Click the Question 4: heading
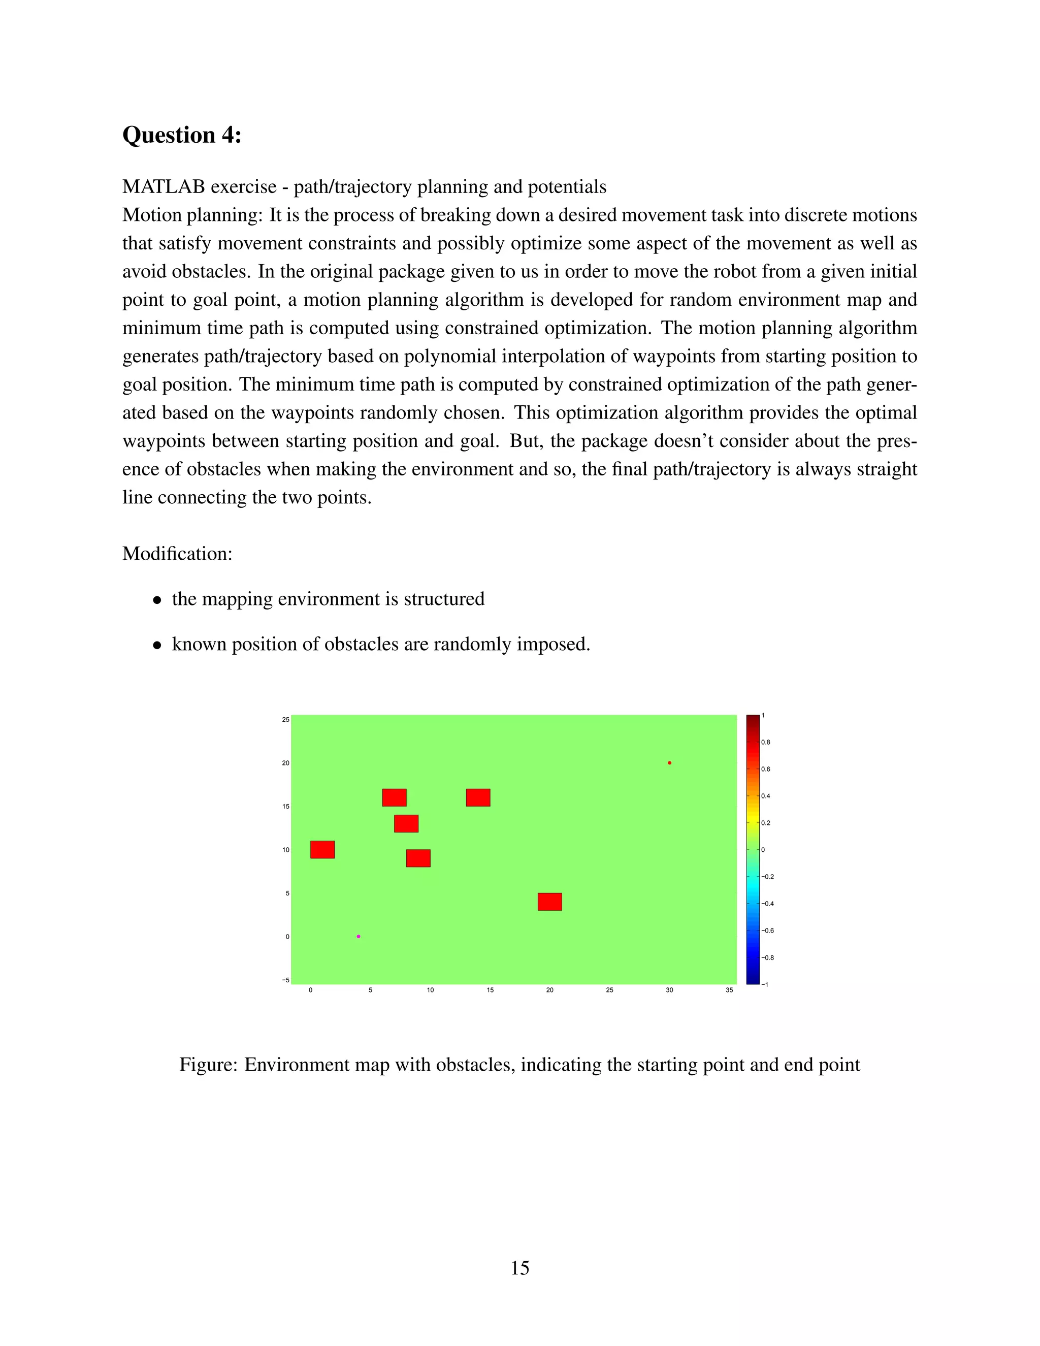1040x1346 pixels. coord(182,135)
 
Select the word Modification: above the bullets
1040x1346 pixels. coord(177,554)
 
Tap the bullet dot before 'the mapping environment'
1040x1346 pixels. coord(158,600)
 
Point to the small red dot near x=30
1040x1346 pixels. coord(669,763)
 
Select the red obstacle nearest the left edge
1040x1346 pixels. coord(322,849)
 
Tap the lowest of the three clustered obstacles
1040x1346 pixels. coord(418,858)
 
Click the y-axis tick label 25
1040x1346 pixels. coord(285,719)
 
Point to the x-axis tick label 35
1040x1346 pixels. coord(729,990)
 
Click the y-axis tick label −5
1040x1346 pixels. coord(285,980)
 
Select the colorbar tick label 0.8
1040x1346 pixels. coord(766,742)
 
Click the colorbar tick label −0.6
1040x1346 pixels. coord(767,931)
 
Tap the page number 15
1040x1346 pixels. coord(519,1268)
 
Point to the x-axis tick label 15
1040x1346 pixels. coord(490,990)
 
